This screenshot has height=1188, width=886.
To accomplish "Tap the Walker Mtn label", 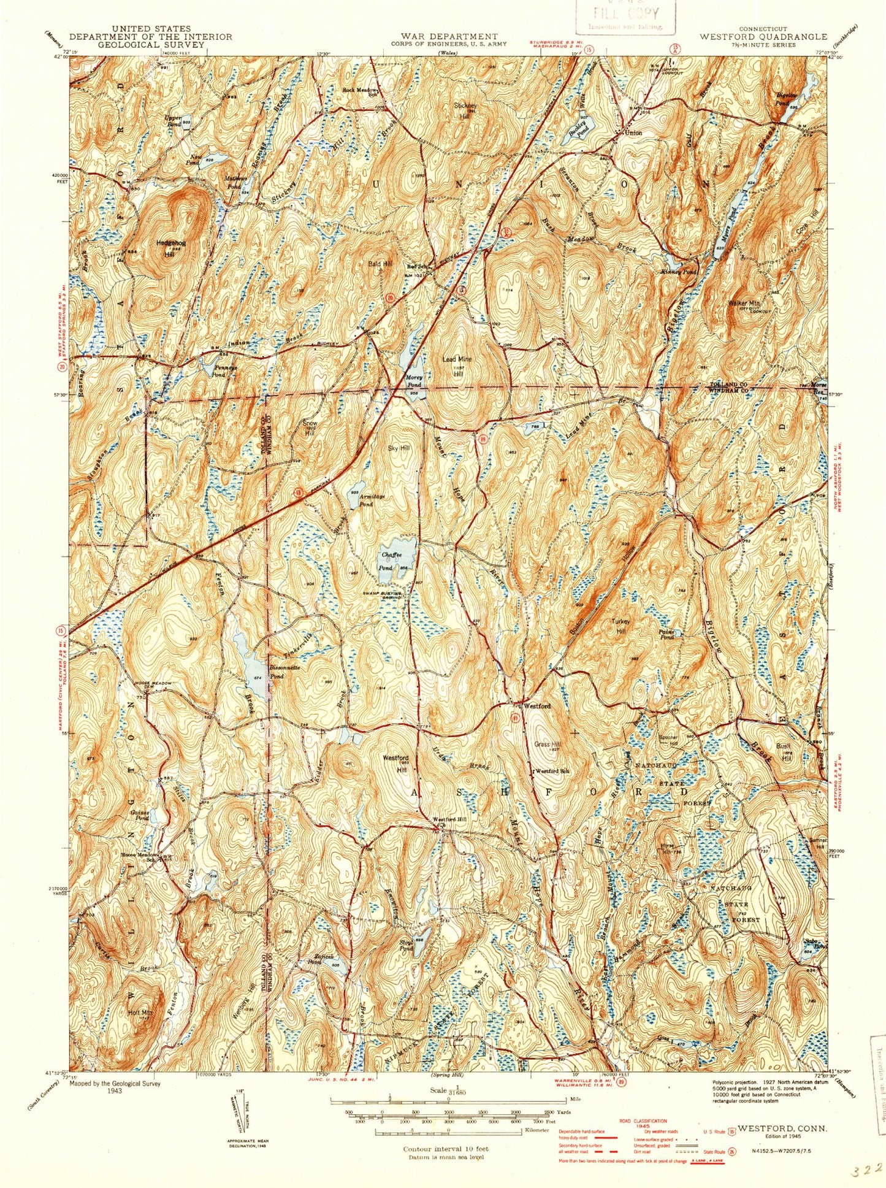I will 743,303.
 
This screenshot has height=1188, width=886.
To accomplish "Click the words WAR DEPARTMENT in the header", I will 445,37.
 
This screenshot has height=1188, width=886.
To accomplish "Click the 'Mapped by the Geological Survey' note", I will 115,1084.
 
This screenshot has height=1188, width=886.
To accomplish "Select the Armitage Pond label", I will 366,500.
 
